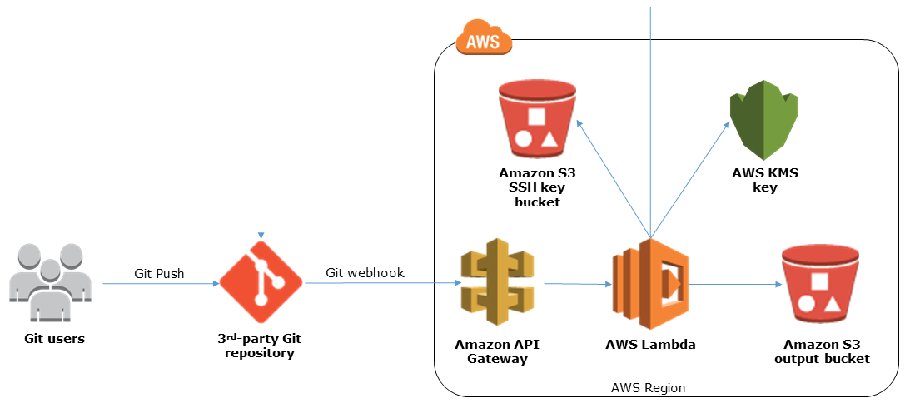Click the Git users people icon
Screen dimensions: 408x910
pyautogui.click(x=50, y=283)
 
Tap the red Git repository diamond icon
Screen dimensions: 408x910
pyautogui.click(x=262, y=283)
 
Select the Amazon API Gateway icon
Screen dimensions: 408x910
pyautogui.click(x=497, y=284)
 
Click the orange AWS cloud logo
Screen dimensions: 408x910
pyautogui.click(x=484, y=39)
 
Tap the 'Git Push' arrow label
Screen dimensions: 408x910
pyautogui.click(x=159, y=273)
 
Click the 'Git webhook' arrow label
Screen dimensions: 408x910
pyautogui.click(x=365, y=273)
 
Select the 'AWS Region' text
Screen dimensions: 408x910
pyautogui.click(x=648, y=388)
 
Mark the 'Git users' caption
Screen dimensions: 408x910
pyautogui.click(x=54, y=339)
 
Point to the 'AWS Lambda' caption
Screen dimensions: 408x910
pyautogui.click(x=650, y=344)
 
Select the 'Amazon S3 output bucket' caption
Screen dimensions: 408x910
pyautogui.click(x=822, y=351)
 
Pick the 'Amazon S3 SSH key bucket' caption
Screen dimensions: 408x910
pyautogui.click(x=537, y=187)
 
